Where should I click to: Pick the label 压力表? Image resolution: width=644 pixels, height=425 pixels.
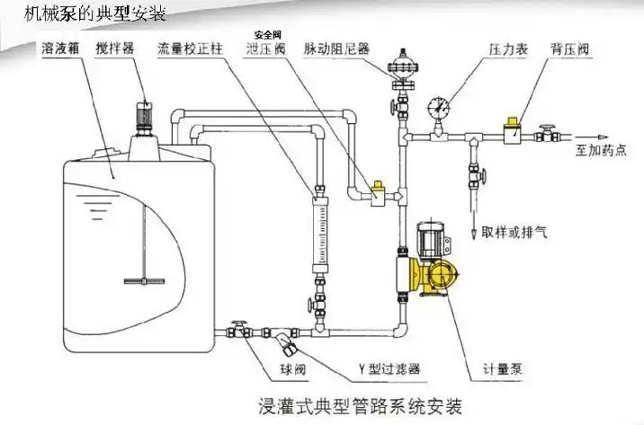[x=506, y=49]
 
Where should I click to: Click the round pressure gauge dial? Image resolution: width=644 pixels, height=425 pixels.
[x=439, y=106]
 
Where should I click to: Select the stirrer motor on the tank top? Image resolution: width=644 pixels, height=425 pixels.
[x=142, y=114]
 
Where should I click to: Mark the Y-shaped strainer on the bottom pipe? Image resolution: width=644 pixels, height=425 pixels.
[x=285, y=341]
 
